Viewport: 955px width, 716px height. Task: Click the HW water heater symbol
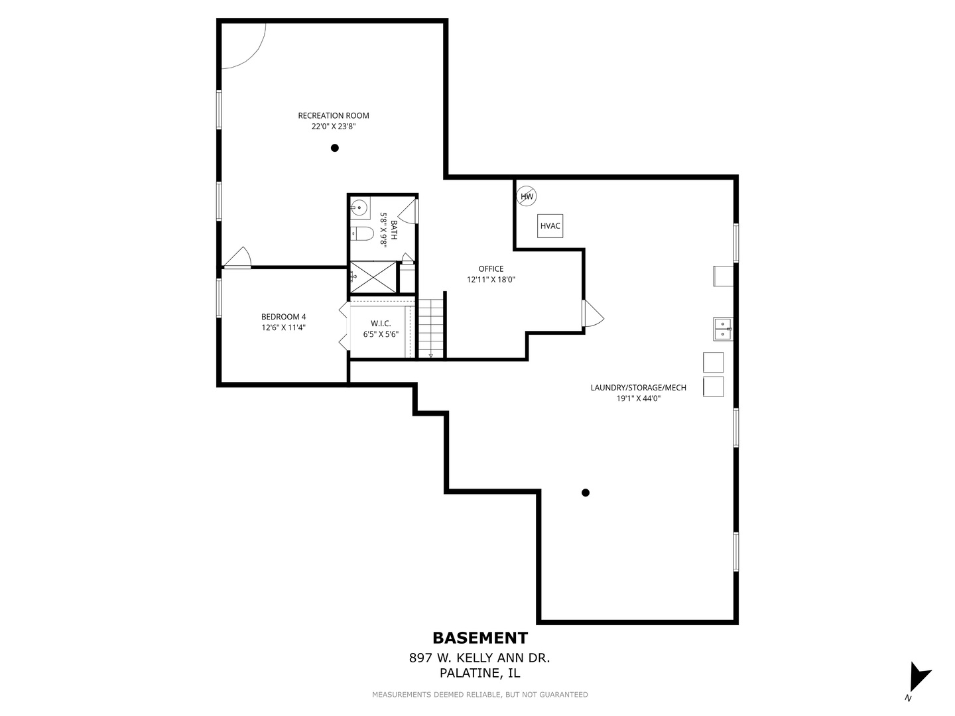527,196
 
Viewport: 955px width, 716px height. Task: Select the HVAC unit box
550,226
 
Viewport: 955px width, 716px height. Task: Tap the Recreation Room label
333,115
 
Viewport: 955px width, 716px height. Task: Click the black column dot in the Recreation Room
335,148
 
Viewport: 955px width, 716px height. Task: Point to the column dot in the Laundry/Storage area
585,493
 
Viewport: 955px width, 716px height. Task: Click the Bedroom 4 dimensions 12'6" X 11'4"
283,328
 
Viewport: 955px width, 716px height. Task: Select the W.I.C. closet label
381,324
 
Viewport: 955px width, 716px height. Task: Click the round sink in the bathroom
359,208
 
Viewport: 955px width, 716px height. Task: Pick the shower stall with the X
372,277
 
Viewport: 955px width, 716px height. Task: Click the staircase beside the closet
430,329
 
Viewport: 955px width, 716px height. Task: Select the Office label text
491,268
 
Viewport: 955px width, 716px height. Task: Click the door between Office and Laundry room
592,314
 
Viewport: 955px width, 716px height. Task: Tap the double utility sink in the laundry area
723,329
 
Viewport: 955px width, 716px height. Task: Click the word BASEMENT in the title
480,638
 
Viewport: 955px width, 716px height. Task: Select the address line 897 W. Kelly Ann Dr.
479,658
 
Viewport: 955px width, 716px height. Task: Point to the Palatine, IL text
479,674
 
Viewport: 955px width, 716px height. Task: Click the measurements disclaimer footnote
479,695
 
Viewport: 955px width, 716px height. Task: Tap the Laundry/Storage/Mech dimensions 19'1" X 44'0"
638,398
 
